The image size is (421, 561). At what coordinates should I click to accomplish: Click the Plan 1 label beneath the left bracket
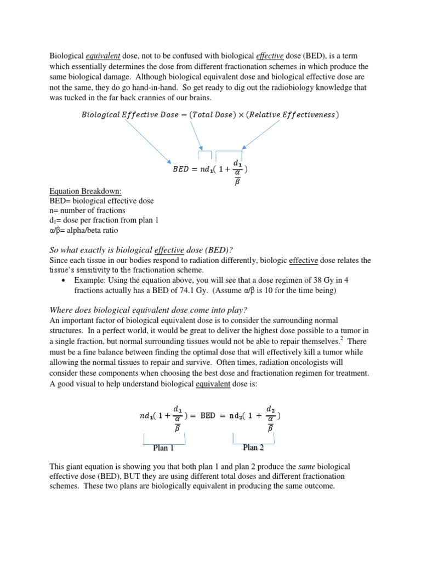163,448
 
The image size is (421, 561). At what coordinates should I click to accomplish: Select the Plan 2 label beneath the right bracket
253,448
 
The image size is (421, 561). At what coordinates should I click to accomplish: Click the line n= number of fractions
87,211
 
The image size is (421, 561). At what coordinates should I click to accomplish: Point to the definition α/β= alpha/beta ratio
83,231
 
